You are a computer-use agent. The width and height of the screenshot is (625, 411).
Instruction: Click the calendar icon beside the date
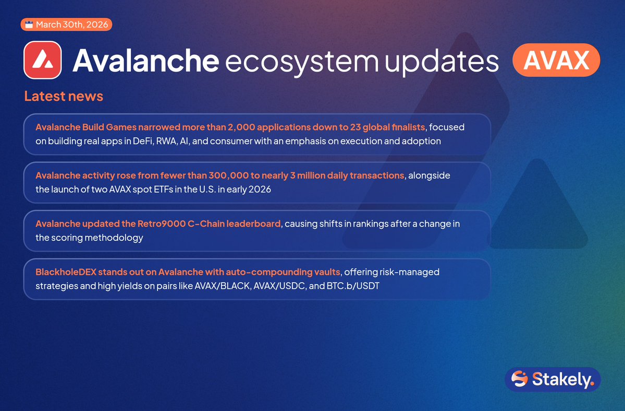click(x=29, y=25)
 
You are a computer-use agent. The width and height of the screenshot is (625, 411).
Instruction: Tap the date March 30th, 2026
click(x=72, y=25)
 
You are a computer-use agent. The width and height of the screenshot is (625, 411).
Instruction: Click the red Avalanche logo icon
click(x=43, y=60)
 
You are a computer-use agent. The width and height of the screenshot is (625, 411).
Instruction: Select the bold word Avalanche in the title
click(x=146, y=60)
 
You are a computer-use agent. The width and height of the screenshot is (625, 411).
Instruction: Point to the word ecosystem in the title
click(x=302, y=62)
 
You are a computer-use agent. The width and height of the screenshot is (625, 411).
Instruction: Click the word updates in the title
click(x=442, y=62)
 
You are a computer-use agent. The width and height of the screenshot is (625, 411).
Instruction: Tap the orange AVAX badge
click(x=556, y=60)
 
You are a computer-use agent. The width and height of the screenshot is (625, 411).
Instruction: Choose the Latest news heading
click(x=64, y=96)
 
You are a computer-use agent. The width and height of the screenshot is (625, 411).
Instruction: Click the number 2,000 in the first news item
click(x=241, y=127)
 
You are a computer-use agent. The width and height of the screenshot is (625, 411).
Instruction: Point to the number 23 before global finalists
click(x=355, y=127)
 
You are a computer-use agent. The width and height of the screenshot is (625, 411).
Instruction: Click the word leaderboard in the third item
click(x=253, y=224)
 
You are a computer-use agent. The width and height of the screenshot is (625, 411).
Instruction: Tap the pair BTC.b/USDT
click(x=353, y=286)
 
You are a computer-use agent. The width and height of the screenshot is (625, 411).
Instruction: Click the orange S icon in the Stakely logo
click(x=519, y=379)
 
